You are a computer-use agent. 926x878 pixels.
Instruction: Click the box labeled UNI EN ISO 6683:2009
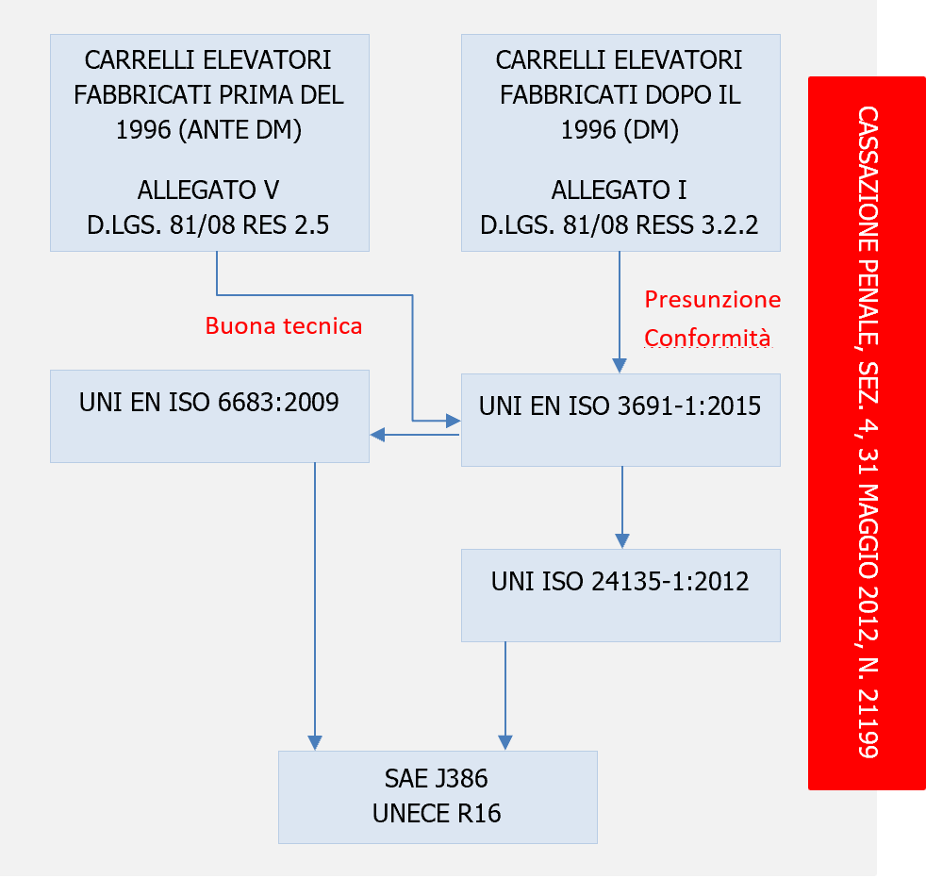click(208, 415)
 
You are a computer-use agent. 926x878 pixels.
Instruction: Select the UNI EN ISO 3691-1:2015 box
click(620, 420)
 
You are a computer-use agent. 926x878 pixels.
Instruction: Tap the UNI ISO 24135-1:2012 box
click(620, 594)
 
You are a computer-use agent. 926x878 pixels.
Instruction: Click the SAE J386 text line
click(437, 779)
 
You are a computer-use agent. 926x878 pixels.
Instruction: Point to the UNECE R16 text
click(437, 812)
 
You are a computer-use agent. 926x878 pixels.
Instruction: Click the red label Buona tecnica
click(284, 326)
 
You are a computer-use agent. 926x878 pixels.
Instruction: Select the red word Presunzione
click(712, 300)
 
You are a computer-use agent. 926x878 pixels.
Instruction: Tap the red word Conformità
click(707, 338)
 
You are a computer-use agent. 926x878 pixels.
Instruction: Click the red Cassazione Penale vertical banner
click(867, 432)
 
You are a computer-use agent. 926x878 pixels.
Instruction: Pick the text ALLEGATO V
click(208, 190)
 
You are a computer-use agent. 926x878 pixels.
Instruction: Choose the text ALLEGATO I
click(620, 190)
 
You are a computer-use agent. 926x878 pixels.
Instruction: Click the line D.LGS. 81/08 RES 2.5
click(208, 225)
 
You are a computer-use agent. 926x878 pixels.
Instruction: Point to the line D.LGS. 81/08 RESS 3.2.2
click(620, 225)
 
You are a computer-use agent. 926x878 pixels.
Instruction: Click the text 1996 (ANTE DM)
click(208, 130)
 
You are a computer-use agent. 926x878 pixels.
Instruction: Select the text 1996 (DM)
click(620, 130)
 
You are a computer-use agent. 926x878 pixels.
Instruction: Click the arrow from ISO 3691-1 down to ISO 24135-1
click(621, 509)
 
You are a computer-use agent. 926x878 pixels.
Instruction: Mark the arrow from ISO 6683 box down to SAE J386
click(314, 604)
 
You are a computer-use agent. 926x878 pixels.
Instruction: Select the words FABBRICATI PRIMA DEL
click(208, 95)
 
